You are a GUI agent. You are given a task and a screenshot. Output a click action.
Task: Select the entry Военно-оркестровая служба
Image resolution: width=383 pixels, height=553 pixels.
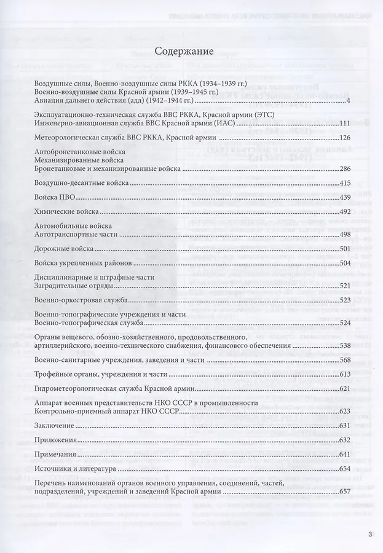pos(82,300)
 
